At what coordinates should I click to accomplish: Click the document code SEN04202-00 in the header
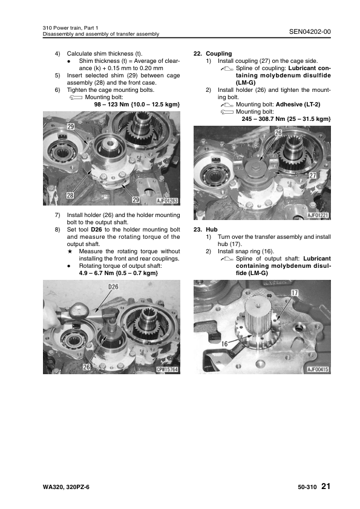coord(310,31)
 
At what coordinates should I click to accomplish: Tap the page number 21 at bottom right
coord(326,486)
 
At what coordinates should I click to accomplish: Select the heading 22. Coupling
coord(212,54)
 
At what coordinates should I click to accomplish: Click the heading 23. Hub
coord(205,230)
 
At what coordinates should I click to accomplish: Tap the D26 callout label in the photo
coord(113,287)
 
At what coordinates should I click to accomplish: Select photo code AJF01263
coord(168,201)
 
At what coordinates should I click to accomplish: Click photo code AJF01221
coord(318,215)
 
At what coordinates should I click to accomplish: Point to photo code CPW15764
coord(168,369)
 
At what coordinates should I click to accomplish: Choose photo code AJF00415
coord(318,369)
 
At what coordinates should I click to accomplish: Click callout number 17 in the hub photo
coord(295,293)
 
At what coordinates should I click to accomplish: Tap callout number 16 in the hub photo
coord(224,343)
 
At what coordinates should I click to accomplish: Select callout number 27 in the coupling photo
coord(313,175)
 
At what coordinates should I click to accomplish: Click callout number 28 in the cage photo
coord(70,195)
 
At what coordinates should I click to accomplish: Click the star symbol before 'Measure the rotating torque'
coord(69,251)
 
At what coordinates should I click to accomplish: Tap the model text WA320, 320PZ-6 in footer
coord(66,487)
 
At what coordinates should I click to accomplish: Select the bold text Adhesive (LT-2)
coord(298,105)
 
